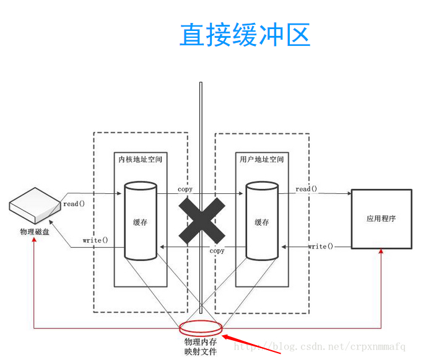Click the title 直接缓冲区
coord(245,35)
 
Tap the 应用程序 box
coord(381,219)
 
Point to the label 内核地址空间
coord(141,160)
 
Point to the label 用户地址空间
coord(261,160)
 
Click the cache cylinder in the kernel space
coord(141,221)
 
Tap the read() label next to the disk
coord(74,203)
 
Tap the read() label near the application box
coord(307,189)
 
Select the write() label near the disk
coord(95,240)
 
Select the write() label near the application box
coord(320,247)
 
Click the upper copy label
coord(185,189)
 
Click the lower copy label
coord(217,251)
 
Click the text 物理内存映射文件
coord(201,346)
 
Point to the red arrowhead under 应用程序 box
coord(381,252)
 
